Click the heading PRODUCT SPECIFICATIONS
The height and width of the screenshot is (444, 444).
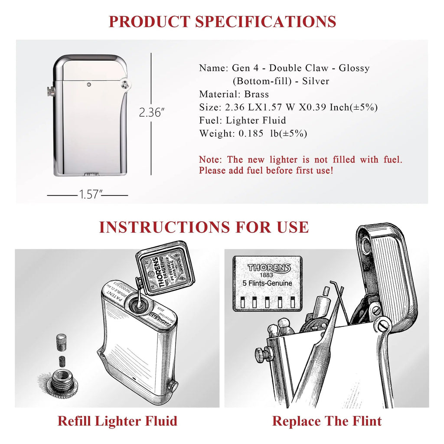(222, 21)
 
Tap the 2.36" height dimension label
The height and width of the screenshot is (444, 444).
(152, 112)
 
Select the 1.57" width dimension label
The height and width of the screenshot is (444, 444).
(89, 195)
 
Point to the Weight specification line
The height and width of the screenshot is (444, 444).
(253, 134)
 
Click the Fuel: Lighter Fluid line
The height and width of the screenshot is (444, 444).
(242, 120)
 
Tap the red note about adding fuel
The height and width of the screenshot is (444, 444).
(300, 165)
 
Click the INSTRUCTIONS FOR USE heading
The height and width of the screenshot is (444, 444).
(204, 227)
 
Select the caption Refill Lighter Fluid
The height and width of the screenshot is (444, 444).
(117, 421)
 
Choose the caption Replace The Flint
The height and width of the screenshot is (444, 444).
(327, 421)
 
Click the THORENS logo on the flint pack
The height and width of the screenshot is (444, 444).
(269, 268)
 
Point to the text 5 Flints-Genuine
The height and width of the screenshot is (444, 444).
(267, 284)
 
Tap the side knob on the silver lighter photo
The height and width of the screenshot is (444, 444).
(51, 91)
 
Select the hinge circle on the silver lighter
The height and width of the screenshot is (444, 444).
(125, 84)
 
